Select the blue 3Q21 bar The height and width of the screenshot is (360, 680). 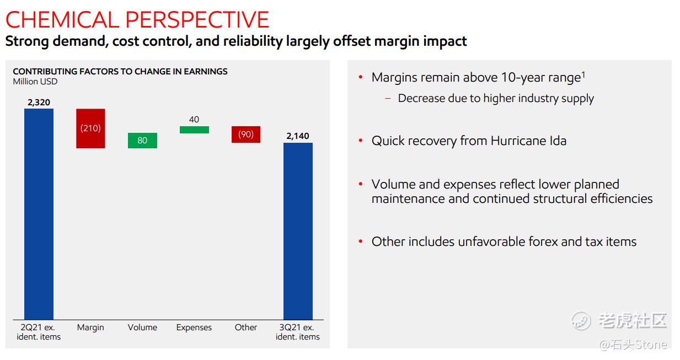[298, 231]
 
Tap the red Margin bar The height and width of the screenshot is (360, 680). [90, 128]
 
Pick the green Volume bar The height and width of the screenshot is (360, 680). [142, 141]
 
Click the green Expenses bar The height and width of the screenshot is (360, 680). [194, 130]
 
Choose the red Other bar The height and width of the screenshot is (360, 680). [246, 135]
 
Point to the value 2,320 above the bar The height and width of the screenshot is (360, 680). [39, 102]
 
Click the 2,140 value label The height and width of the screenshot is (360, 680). [298, 136]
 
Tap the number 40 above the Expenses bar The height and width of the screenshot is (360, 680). [194, 120]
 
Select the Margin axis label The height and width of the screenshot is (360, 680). [90, 327]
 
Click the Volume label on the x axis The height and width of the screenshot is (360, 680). [142, 327]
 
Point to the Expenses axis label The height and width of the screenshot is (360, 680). [194, 327]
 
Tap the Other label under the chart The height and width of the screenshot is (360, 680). [246, 327]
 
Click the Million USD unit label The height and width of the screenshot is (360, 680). [35, 82]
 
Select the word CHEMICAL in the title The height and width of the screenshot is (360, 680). [61, 20]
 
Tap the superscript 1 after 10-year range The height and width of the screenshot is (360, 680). [583, 74]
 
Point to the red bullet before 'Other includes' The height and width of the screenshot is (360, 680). [361, 241]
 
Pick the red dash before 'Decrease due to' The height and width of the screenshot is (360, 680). [388, 99]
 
